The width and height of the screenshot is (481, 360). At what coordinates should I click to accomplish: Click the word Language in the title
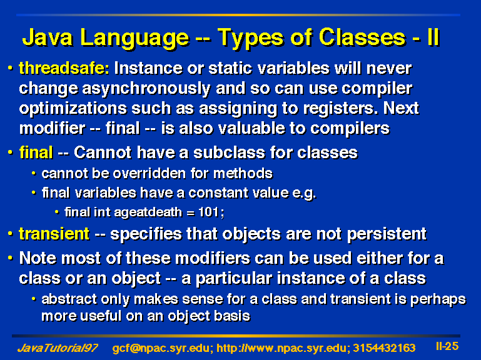tap(134, 39)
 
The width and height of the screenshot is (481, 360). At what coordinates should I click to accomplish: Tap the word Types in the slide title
tap(250, 39)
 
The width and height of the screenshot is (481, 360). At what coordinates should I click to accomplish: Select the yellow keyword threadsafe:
tap(64, 67)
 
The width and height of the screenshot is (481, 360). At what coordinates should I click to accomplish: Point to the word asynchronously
tap(146, 89)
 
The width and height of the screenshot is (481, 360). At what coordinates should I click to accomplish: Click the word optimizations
tap(73, 109)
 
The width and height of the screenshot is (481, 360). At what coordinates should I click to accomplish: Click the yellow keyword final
tap(36, 152)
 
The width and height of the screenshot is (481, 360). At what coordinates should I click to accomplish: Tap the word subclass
tap(229, 152)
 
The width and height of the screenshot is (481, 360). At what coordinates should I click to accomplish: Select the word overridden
tap(149, 174)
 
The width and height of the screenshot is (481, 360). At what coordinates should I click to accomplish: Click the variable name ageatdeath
tap(148, 212)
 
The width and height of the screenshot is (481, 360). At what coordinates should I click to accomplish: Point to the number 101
tap(208, 212)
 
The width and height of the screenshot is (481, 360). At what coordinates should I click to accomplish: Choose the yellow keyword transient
tap(54, 234)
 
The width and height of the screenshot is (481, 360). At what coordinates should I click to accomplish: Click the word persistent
tap(387, 234)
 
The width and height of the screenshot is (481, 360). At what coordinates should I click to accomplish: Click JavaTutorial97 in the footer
tap(58, 348)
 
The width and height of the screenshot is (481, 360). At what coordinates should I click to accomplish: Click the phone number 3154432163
tap(384, 348)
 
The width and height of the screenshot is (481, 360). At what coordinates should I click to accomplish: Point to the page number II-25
tap(447, 346)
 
